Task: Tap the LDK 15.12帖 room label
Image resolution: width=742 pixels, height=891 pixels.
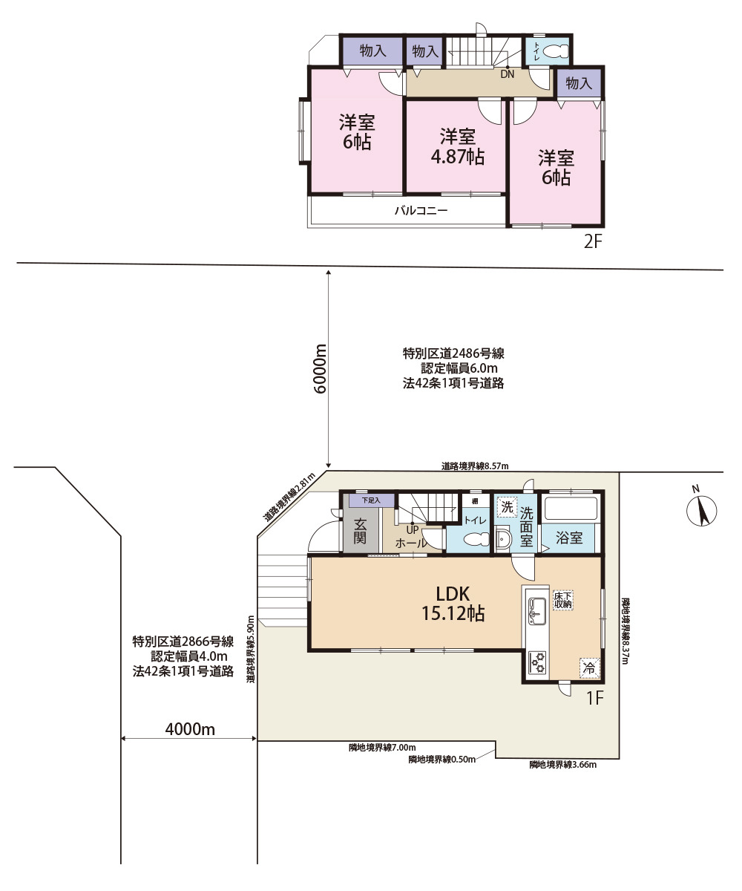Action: point(453,604)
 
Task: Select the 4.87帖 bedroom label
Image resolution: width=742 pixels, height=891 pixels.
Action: point(457,147)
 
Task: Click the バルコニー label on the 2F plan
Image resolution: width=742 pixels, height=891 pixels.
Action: point(421,210)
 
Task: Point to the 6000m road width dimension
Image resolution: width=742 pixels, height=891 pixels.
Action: point(321,369)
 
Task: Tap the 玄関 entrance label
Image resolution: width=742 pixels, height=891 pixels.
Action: point(360,531)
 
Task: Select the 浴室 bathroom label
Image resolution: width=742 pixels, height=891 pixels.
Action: point(569,538)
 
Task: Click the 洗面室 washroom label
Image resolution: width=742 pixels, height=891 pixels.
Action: point(526,526)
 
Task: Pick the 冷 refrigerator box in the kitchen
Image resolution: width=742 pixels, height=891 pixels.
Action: point(589,668)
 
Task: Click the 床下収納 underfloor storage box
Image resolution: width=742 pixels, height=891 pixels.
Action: point(563,600)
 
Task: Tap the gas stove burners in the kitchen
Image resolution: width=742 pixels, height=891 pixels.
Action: point(537,662)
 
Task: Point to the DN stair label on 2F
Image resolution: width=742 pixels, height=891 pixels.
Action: point(508,74)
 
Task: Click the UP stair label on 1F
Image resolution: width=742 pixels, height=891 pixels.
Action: point(413,530)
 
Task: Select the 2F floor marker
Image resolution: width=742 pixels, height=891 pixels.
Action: point(592,242)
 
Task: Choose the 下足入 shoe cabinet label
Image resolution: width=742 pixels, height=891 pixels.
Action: point(371,500)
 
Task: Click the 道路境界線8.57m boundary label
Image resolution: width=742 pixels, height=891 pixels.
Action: point(475,466)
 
